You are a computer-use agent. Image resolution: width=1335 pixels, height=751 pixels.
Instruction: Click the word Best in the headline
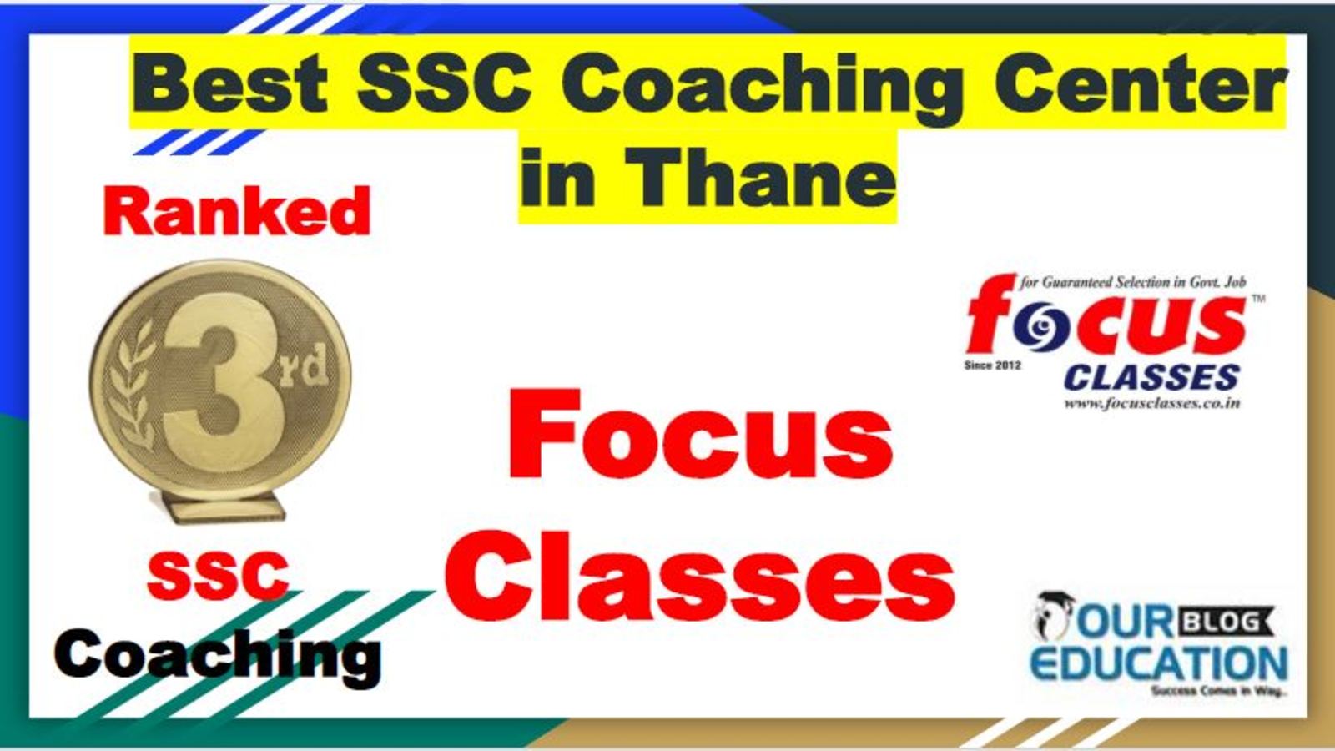[230, 83]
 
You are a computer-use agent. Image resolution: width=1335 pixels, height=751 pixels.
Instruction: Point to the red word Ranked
[237, 211]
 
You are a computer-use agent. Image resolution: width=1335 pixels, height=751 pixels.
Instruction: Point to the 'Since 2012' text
[992, 365]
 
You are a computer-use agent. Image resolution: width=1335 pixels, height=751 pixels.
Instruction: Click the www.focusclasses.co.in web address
[1152, 404]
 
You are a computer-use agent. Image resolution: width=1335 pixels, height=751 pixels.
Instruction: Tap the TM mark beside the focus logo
[1257, 300]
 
